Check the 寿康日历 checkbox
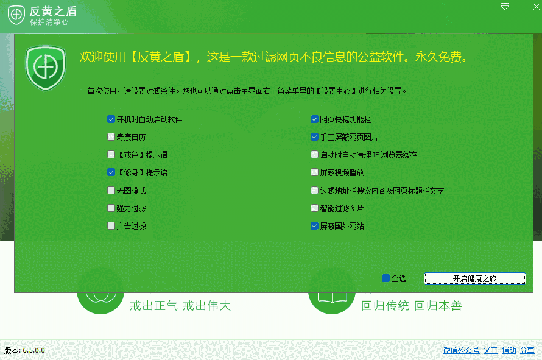pyautogui.click(x=111, y=137)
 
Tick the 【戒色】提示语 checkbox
pyautogui.click(x=111, y=155)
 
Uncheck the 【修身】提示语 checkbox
pyautogui.click(x=111, y=172)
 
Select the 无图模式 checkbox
pyautogui.click(x=111, y=191)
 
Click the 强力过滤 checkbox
pyautogui.click(x=111, y=208)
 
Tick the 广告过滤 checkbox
pyautogui.click(x=111, y=226)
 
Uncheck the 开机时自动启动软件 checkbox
pyautogui.click(x=111, y=119)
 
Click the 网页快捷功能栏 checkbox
pyautogui.click(x=314, y=119)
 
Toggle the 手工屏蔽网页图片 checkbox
pyautogui.click(x=314, y=137)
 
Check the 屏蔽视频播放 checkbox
pyautogui.click(x=314, y=172)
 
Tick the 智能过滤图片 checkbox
pyautogui.click(x=314, y=208)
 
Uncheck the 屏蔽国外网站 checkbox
pyautogui.click(x=314, y=226)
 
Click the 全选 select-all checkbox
pyautogui.click(x=385, y=278)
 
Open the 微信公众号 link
pyautogui.click(x=461, y=350)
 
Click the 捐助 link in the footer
pyautogui.click(x=509, y=350)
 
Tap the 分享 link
pyautogui.click(x=527, y=350)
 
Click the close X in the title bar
pyautogui.click(x=537, y=7)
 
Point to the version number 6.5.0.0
pyautogui.click(x=34, y=350)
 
